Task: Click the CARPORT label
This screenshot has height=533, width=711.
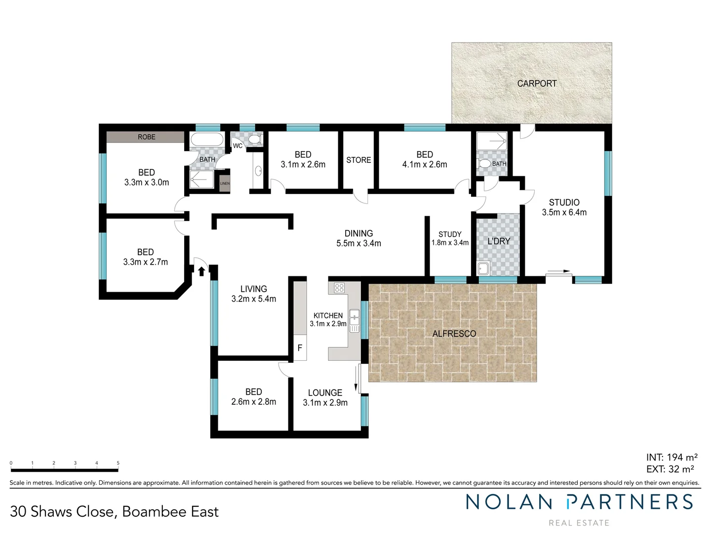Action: (x=537, y=84)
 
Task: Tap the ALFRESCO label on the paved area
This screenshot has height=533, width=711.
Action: (x=454, y=334)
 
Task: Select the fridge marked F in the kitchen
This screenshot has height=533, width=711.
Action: (x=300, y=348)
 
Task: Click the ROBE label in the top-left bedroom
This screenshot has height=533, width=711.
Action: (x=147, y=137)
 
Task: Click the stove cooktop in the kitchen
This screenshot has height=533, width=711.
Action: (x=339, y=288)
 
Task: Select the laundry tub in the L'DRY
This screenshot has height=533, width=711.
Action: (x=483, y=268)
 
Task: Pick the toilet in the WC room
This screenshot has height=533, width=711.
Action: (x=254, y=140)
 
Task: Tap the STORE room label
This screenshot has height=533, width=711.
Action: (x=358, y=160)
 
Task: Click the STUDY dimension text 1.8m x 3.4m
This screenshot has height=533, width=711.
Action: (x=450, y=243)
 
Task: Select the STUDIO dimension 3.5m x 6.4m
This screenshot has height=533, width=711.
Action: (x=564, y=212)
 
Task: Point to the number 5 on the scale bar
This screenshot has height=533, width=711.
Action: (x=118, y=463)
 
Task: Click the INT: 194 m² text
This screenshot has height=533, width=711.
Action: (x=671, y=457)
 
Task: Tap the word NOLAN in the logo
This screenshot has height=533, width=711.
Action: (x=509, y=502)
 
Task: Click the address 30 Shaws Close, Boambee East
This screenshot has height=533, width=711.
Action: (x=114, y=512)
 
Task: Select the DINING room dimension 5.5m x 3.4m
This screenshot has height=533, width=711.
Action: (x=359, y=243)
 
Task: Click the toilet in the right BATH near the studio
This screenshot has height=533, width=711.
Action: (x=485, y=163)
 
